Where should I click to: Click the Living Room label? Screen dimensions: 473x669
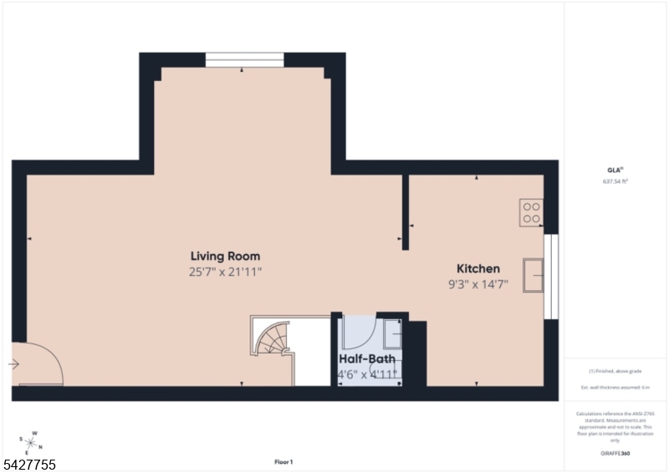point(225,257)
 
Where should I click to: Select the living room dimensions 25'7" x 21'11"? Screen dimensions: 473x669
point(225,272)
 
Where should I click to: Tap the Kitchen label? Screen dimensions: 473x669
point(477,268)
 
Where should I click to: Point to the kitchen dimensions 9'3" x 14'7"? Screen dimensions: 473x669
point(477,284)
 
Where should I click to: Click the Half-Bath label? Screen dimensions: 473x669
point(367,359)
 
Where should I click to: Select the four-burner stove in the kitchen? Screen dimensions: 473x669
point(531,212)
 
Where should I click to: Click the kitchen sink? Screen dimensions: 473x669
point(533,275)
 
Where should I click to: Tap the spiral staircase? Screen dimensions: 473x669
point(273,339)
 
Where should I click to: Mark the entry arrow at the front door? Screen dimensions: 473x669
point(14,364)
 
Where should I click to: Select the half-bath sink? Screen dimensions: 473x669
point(392,334)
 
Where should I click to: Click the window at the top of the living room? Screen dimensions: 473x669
point(244,59)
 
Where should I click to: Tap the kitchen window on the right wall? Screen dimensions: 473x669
point(550,276)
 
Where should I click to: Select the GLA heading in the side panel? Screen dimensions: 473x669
point(615,170)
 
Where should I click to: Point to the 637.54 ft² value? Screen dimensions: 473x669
point(615,181)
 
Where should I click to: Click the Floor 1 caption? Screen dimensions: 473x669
point(283,462)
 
